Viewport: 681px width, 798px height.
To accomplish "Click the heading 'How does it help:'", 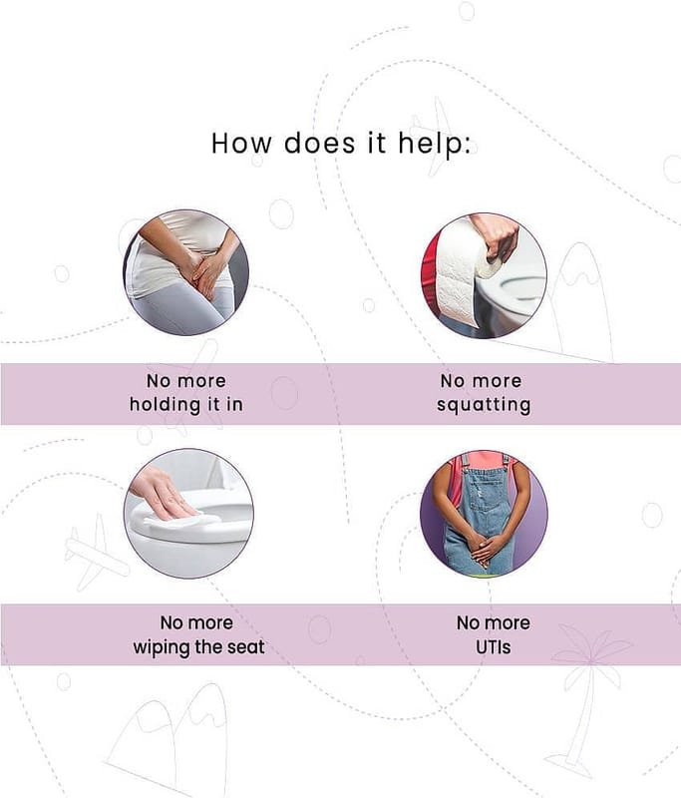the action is point(341,143).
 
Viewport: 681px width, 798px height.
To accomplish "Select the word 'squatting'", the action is point(484,405).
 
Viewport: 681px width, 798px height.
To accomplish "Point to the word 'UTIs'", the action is point(493,647).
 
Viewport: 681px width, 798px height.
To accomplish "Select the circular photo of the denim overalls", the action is point(484,514).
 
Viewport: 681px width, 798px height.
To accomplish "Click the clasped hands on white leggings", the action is point(207,272).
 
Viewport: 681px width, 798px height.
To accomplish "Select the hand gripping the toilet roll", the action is point(497,238).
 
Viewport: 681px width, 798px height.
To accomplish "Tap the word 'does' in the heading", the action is point(319,143).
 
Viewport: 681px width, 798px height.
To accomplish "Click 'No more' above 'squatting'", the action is point(482,381).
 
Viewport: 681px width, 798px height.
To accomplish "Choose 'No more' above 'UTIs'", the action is point(493,622).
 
